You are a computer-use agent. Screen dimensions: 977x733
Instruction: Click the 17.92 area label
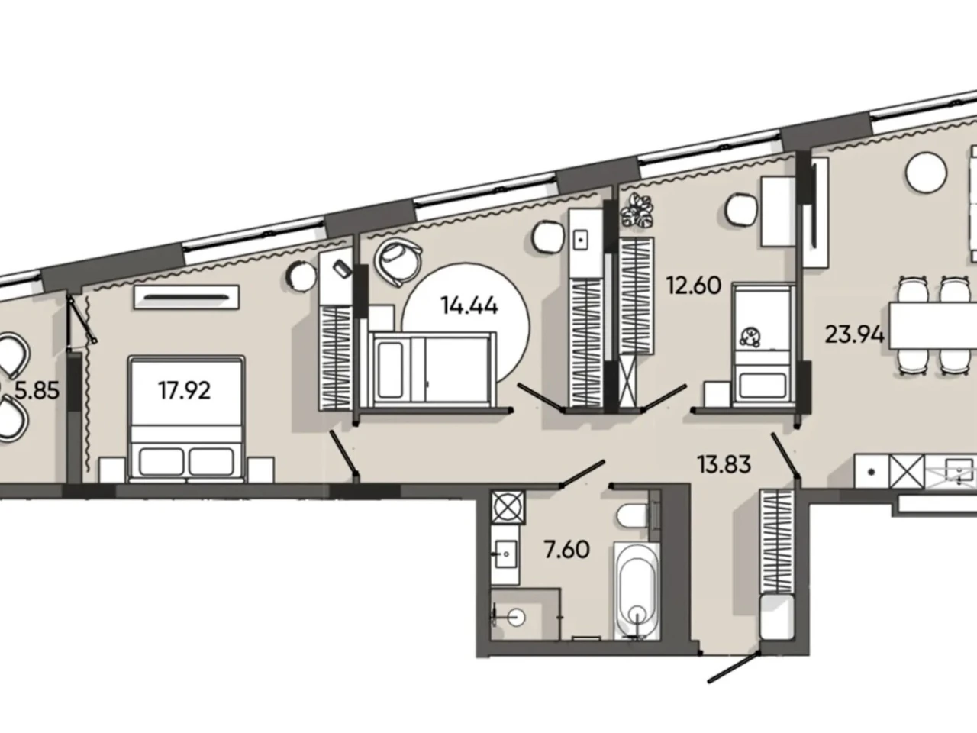coord(184,391)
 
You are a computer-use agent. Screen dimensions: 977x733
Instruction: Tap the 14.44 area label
coord(469,305)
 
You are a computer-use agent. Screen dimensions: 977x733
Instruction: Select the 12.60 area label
coord(694,286)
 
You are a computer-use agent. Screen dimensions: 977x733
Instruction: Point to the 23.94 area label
coord(854,334)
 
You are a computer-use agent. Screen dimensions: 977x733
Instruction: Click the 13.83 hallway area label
coord(724,464)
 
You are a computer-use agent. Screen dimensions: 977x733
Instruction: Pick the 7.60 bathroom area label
coord(567,550)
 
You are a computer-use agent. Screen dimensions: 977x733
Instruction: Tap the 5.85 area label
coord(37,391)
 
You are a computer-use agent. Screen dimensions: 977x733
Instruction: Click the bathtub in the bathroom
coord(637,590)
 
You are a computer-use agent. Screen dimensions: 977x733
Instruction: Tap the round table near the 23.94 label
coord(927,172)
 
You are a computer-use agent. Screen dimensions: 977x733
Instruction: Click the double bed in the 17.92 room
coord(186,418)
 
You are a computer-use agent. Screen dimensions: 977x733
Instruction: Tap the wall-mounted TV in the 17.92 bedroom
coord(186,297)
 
